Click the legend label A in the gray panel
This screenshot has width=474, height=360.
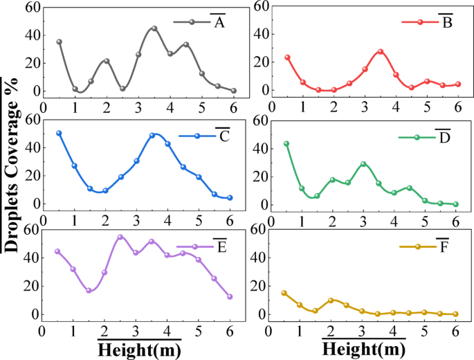coord(219,23)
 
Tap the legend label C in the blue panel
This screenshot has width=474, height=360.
coord(224,136)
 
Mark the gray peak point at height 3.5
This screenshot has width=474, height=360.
coord(154,28)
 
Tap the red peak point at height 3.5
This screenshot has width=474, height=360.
coord(380,52)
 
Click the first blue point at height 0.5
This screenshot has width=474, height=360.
coord(59,133)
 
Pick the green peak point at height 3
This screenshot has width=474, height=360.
coord(363,164)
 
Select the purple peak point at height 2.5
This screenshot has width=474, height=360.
coord(120,237)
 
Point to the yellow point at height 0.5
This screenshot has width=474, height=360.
coord(284,293)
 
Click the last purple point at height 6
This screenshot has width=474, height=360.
coord(230,296)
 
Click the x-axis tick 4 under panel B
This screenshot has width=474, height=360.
coord(396,107)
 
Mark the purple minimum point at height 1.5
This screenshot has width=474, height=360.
coord(89,291)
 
